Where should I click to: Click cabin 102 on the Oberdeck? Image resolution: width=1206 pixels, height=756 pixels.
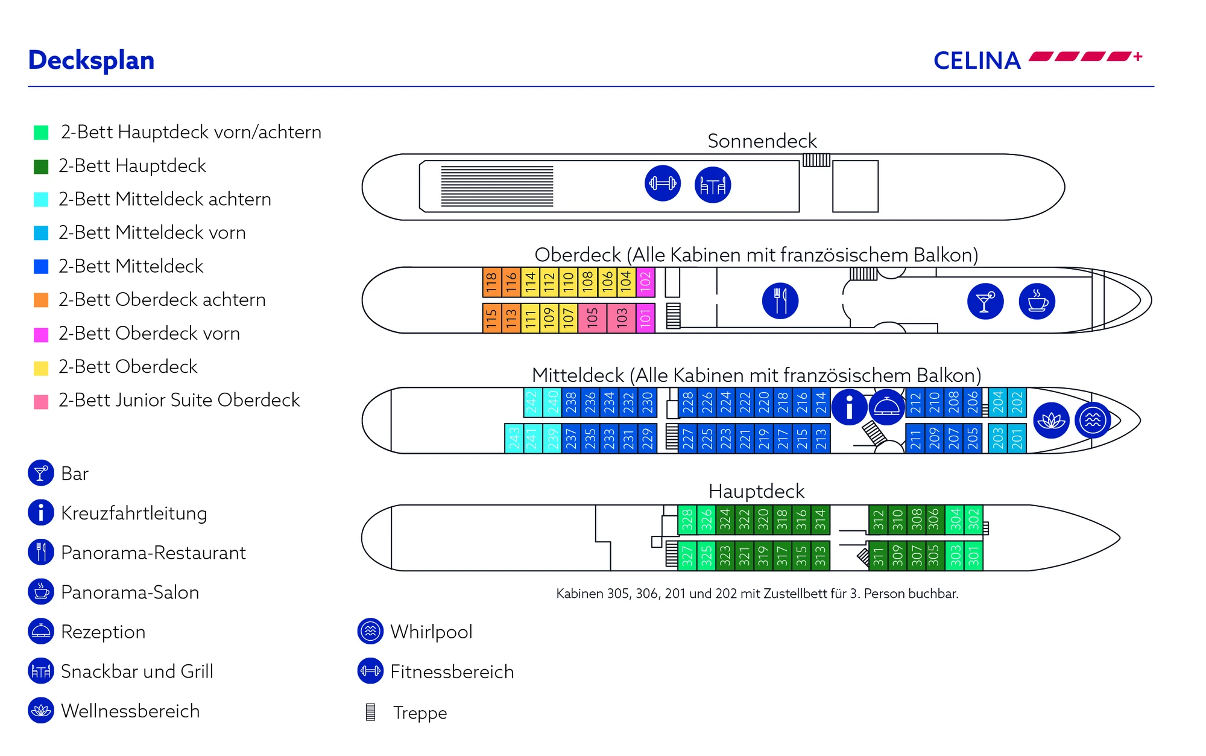[645, 282]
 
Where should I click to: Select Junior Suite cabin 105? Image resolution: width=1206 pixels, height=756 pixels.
[592, 317]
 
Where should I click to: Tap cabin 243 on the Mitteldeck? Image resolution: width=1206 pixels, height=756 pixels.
[514, 438]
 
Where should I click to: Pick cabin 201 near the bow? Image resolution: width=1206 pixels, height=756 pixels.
[1017, 438]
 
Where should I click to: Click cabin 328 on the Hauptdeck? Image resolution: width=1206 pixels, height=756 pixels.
[687, 519]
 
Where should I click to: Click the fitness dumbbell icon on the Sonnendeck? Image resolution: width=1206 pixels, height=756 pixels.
[663, 183]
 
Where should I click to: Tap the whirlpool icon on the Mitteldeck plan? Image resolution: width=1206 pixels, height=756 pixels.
[1093, 419]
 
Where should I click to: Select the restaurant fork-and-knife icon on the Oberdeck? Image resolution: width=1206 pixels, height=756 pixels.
[780, 300]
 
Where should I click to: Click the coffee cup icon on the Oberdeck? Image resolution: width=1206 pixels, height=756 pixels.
[1037, 300]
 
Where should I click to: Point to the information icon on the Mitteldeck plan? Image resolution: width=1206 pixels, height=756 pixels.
[849, 407]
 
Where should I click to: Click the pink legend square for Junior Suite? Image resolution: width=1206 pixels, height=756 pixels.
[41, 401]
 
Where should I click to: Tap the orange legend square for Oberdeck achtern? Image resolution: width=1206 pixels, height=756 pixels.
[41, 300]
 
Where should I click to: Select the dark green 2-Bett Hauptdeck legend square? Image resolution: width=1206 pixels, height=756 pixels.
[41, 167]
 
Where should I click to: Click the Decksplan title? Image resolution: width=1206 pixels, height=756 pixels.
[91, 60]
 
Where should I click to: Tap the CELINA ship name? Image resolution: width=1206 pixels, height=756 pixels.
[977, 60]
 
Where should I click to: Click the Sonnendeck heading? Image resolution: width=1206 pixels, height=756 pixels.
[762, 141]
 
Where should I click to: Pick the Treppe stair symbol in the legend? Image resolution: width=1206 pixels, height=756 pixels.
[371, 712]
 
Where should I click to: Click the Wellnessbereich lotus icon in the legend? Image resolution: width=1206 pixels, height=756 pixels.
[41, 711]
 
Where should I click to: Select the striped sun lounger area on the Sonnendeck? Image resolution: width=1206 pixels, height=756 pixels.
[497, 186]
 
